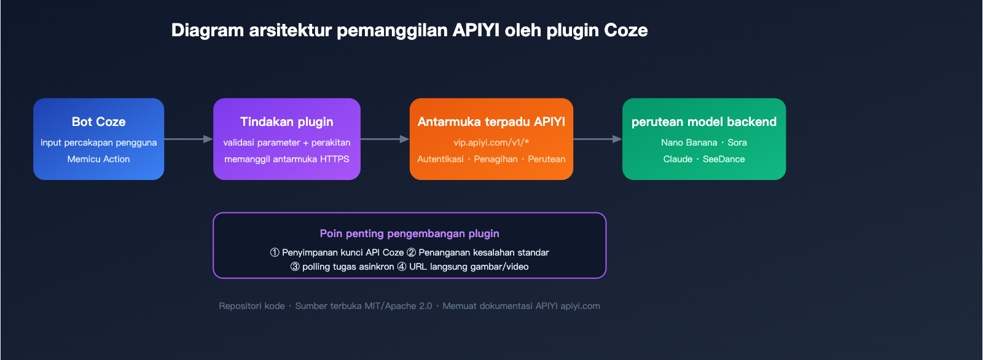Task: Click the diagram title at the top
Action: (x=409, y=30)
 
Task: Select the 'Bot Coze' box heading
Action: (x=98, y=122)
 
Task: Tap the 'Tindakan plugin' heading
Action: (x=286, y=122)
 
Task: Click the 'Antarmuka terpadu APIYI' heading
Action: (x=491, y=122)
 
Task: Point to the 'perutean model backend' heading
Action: (x=703, y=122)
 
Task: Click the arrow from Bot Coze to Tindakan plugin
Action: (x=189, y=139)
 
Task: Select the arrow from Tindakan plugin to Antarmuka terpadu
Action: (x=385, y=139)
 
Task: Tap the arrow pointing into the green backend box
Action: (x=598, y=139)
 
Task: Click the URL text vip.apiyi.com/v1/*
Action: (x=491, y=143)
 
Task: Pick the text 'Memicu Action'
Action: (x=98, y=159)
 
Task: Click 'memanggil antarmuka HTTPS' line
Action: (x=286, y=159)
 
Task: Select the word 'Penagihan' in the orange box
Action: (x=495, y=159)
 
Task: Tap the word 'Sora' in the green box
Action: (x=737, y=143)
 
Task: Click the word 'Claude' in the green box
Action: (x=678, y=159)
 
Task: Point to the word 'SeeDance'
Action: (x=724, y=159)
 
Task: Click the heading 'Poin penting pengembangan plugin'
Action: (x=409, y=233)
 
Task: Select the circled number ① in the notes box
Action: (x=275, y=252)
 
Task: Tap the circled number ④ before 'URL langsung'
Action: (x=402, y=267)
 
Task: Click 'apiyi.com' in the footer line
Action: (x=580, y=306)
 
